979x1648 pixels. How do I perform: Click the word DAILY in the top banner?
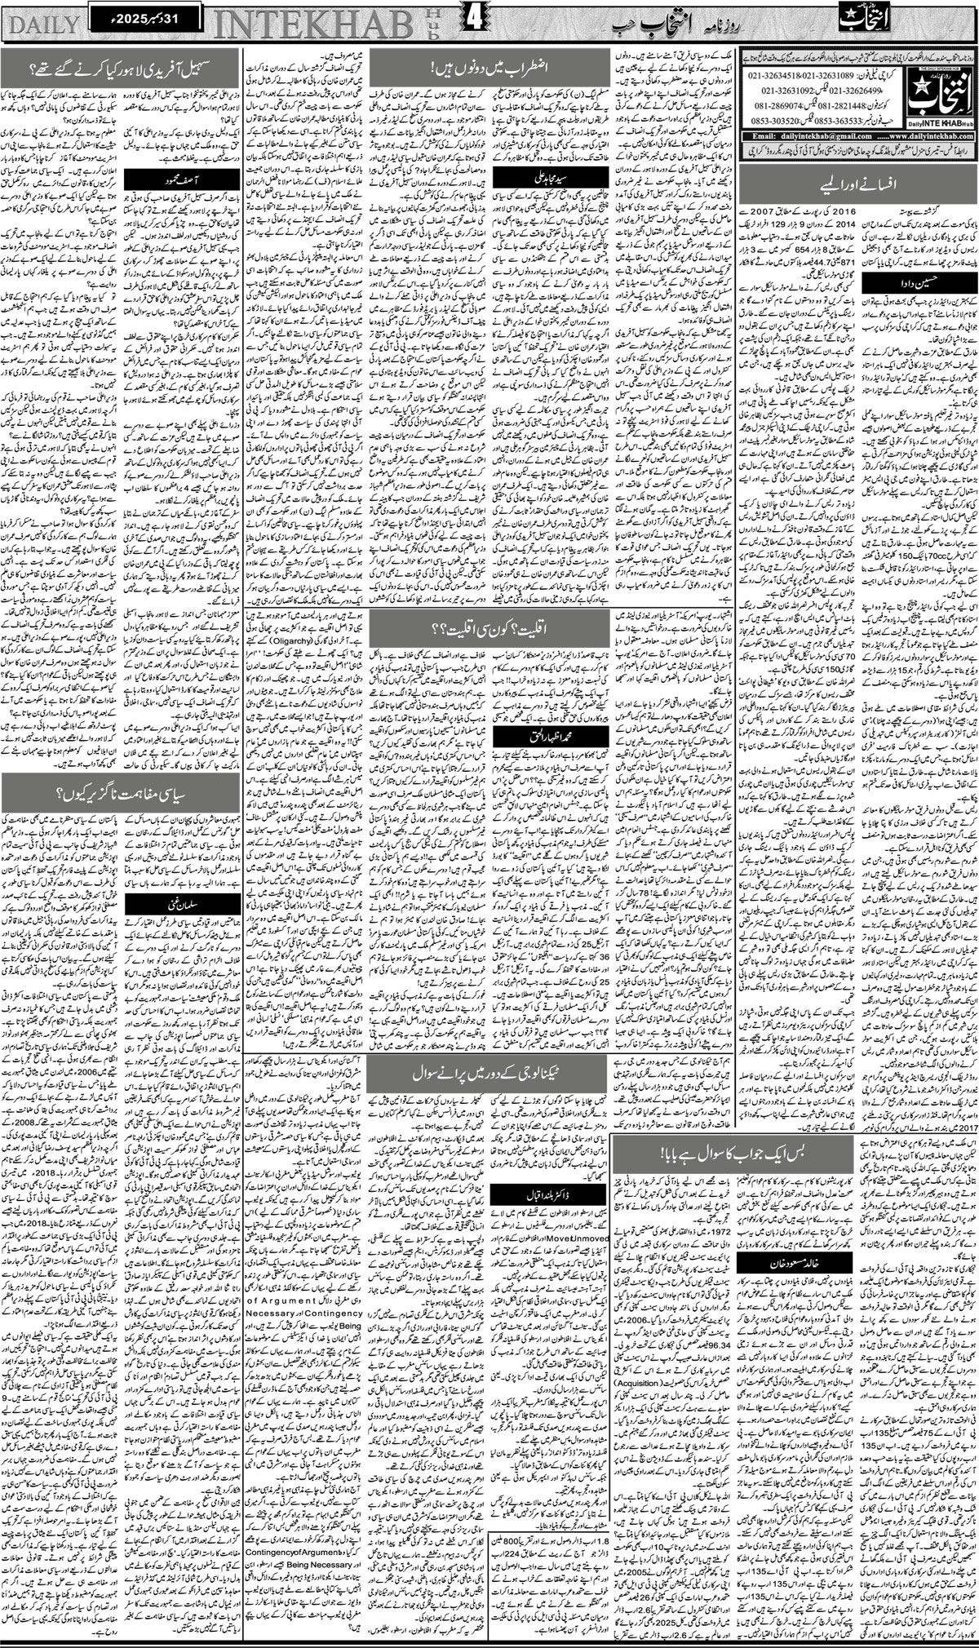coord(41,24)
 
